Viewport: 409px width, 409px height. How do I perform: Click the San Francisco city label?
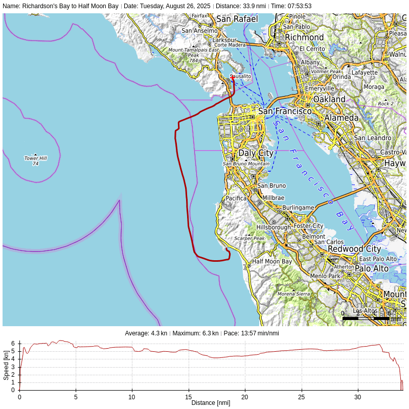pyautogui.click(x=285, y=111)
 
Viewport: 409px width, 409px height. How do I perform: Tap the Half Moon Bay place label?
pyautogui.click(x=271, y=262)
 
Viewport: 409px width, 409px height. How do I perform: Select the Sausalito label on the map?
pyautogui.click(x=241, y=76)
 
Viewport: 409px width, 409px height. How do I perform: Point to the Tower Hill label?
pyautogui.click(x=35, y=158)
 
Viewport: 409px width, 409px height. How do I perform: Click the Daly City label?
pyautogui.click(x=256, y=153)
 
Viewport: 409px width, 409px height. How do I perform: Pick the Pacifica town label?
pyautogui.click(x=236, y=198)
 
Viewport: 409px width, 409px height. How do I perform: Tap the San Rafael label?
pyautogui.click(x=237, y=19)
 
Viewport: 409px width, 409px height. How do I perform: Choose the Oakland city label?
pyautogui.click(x=329, y=99)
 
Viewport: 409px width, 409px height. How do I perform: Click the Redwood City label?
pyautogui.click(x=354, y=249)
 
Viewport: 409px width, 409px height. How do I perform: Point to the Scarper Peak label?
pyautogui.click(x=249, y=238)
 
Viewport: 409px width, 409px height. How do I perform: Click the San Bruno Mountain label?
pyautogui.click(x=246, y=164)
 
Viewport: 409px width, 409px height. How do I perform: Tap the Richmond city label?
pyautogui.click(x=304, y=37)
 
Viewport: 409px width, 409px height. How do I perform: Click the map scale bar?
pyautogui.click(x=366, y=318)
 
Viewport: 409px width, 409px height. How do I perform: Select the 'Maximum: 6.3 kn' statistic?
pyautogui.click(x=195, y=333)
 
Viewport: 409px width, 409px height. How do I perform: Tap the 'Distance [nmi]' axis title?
pyautogui.click(x=211, y=403)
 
